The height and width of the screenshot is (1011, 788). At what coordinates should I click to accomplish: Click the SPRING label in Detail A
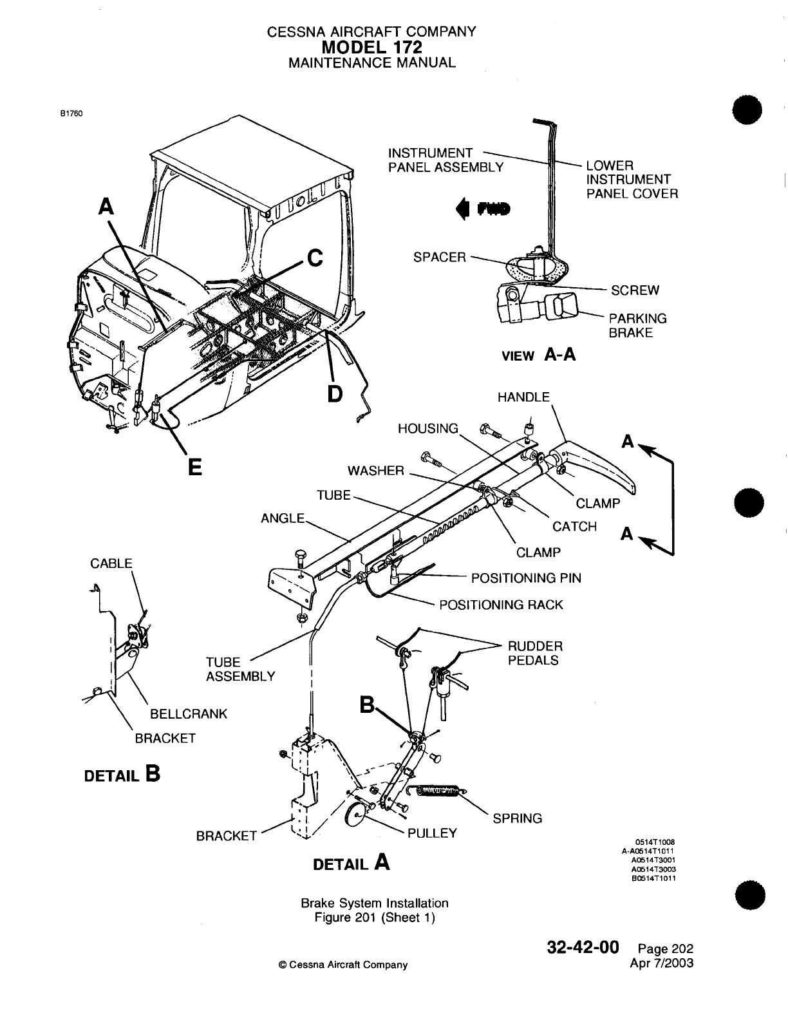(517, 818)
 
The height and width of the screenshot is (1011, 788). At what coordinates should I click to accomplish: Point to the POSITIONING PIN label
(526, 578)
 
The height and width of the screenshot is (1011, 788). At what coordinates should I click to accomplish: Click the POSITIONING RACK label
(501, 605)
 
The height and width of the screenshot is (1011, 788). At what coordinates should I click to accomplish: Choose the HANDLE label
(523, 397)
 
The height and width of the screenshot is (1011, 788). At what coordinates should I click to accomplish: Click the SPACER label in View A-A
(439, 257)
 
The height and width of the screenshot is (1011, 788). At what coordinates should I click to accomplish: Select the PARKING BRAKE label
(638, 325)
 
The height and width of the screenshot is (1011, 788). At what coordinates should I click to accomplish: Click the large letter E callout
(194, 465)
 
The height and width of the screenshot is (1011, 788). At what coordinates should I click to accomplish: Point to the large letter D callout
(334, 392)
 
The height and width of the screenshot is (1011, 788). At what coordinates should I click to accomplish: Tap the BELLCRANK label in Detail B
(189, 714)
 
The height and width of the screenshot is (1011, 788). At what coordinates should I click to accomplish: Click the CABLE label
(111, 563)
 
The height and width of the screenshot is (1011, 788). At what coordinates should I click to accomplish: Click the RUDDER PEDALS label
(535, 653)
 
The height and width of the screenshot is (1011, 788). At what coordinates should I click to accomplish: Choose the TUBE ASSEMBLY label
(240, 669)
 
